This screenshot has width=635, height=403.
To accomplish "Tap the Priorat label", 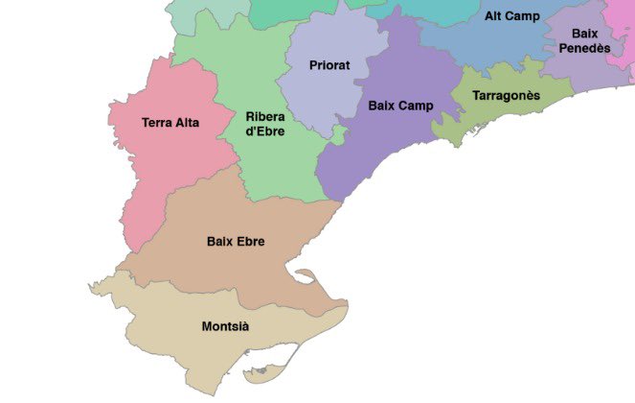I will click(x=329, y=65).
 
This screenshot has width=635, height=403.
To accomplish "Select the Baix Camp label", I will click(x=400, y=106).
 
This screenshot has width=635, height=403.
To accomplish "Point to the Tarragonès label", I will click(x=506, y=96).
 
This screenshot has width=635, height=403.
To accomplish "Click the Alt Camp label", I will click(x=511, y=16).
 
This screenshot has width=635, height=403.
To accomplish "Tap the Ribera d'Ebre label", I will click(x=263, y=124).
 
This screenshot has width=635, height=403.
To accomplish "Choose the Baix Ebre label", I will click(x=236, y=241).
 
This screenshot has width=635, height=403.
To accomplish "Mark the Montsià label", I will click(x=225, y=327).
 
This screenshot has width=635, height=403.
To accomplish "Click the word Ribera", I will click(x=263, y=116).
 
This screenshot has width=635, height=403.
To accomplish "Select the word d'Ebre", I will click(x=263, y=131).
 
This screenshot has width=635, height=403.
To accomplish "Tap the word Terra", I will click(x=156, y=123).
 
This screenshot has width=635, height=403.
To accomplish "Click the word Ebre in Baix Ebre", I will click(x=250, y=241).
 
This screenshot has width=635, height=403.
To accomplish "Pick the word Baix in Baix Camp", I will click(x=382, y=106).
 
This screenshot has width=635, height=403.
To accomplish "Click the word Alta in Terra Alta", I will click(x=187, y=123).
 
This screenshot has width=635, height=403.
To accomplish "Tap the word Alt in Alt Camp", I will click(x=493, y=16).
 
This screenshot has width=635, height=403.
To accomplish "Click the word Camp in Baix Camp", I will click(x=416, y=106).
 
